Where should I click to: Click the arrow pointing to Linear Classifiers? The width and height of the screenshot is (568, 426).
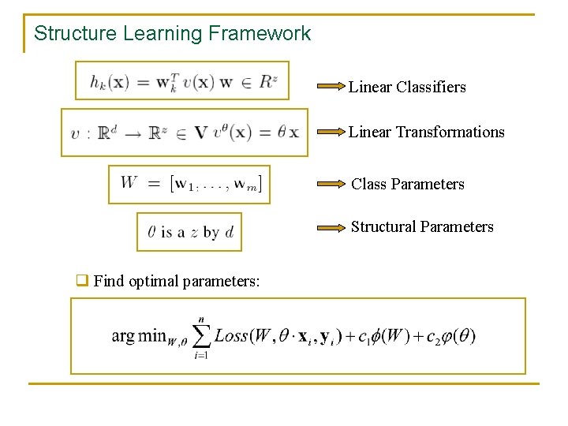pyautogui.click(x=331, y=86)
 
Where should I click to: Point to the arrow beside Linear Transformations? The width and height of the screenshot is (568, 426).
pyautogui.click(x=331, y=132)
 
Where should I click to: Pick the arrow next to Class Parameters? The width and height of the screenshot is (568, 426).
pyautogui.click(x=332, y=184)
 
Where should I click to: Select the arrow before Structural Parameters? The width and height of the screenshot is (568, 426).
pyautogui.click(x=332, y=227)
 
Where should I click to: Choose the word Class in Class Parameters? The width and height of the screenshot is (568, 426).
pyautogui.click(x=368, y=184)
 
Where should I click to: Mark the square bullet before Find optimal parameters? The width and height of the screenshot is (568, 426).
pyautogui.click(x=80, y=280)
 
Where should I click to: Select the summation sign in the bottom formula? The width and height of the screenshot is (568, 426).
pyautogui.click(x=201, y=335)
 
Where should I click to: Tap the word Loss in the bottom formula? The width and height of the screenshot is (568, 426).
pyautogui.click(x=230, y=335)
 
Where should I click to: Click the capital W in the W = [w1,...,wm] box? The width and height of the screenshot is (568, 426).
pyautogui.click(x=129, y=183)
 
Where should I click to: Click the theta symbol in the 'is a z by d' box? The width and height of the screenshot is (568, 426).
pyautogui.click(x=152, y=232)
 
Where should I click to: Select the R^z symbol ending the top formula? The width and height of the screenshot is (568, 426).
pyautogui.click(x=267, y=80)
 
